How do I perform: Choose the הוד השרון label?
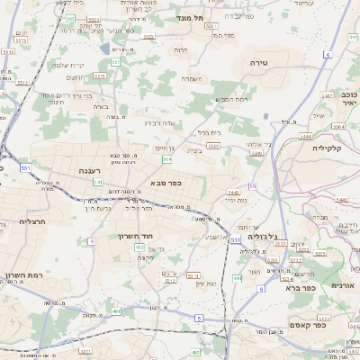click(x=131, y=235)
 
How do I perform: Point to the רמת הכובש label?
click(x=231, y=99)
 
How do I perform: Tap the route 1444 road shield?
click(x=305, y=135)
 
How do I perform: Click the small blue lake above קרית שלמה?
click(x=105, y=49)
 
